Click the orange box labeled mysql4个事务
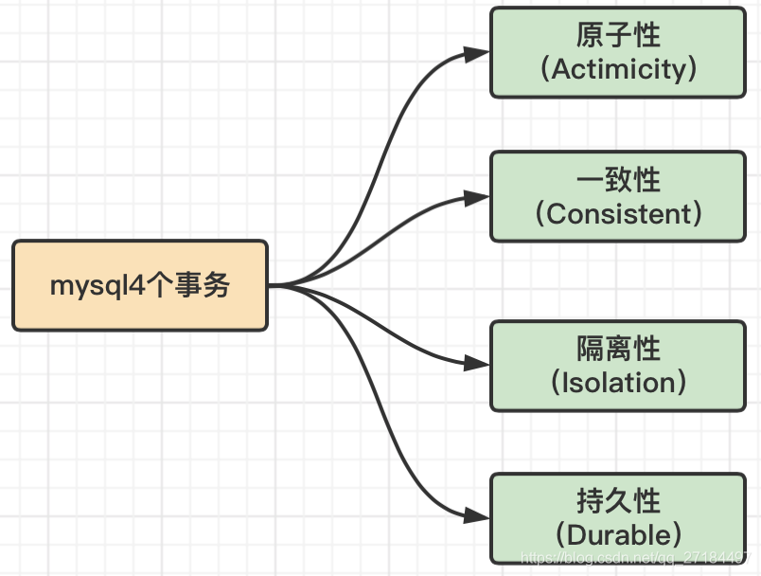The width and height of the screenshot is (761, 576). tap(140, 285)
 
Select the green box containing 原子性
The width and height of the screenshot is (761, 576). tap(618, 52)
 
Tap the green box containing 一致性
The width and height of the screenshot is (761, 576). tap(618, 197)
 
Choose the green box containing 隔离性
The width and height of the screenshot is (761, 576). tap(618, 366)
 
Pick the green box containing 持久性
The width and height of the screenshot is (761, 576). tap(618, 518)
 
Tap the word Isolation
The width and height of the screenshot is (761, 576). tap(618, 383)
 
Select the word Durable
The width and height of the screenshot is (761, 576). tap(619, 534)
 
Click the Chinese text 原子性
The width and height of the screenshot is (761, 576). tap(618, 36)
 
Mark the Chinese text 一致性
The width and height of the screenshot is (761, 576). tap(618, 180)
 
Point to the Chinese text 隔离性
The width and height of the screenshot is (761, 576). tap(618, 350)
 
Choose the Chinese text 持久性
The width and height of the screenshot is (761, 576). tap(618, 500)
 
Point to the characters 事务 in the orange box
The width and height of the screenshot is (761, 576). tap(209, 285)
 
